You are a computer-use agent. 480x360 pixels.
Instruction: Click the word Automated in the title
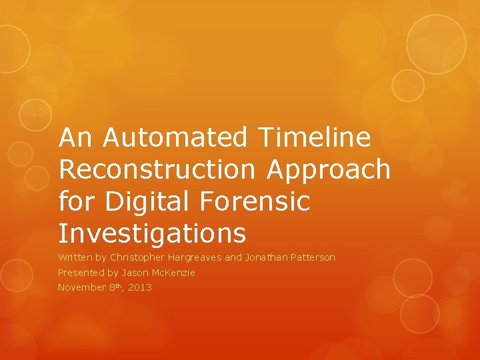tap(174, 138)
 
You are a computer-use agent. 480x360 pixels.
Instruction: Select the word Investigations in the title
tap(152, 234)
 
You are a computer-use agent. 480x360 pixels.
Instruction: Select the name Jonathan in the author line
tap(267, 257)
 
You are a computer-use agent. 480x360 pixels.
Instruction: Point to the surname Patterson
tap(313, 257)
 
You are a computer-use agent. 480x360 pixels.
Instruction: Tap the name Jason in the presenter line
tap(135, 273)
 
